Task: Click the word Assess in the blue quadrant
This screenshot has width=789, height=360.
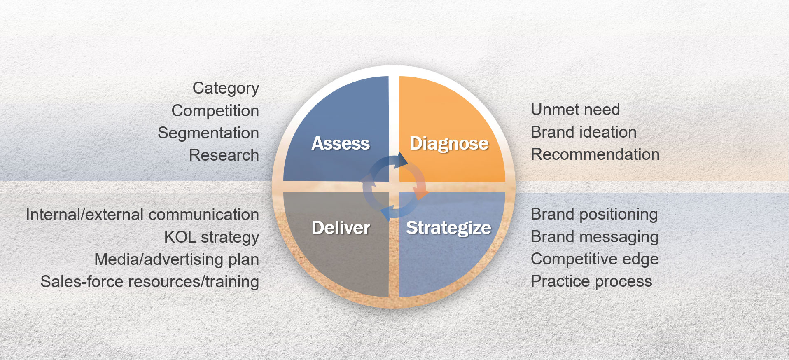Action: click(341, 143)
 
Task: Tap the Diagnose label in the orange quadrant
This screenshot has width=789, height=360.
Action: click(449, 143)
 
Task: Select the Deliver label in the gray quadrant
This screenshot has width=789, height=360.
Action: click(341, 228)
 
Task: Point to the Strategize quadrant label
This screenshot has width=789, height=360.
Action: click(448, 228)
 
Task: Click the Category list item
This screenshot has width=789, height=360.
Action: click(226, 88)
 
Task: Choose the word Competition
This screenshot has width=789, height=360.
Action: click(215, 110)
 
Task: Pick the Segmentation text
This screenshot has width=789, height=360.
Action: click(208, 133)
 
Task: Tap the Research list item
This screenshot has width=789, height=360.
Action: click(224, 155)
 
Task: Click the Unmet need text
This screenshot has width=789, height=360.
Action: click(575, 110)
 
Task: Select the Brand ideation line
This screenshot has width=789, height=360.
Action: click(584, 132)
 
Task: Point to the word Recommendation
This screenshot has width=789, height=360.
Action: click(595, 154)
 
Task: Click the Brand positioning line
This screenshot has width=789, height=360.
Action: click(594, 215)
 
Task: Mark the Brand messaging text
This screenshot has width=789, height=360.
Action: click(595, 237)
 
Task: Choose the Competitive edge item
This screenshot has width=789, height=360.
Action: click(595, 259)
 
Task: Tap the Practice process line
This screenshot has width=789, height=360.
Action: click(591, 282)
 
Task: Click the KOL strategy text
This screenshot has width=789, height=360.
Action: click(212, 238)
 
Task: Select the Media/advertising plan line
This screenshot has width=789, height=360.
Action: click(177, 260)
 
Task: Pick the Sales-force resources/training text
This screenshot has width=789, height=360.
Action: click(150, 282)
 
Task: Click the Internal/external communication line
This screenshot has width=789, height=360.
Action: click(142, 215)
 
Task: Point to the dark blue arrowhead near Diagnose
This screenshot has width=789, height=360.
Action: click(402, 160)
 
